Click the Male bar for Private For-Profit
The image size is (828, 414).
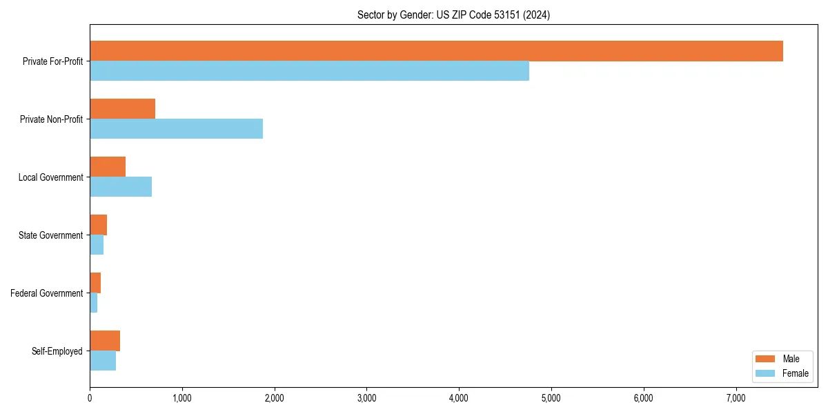436,51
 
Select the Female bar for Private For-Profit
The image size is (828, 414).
309,71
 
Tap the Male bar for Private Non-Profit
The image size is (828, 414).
122,109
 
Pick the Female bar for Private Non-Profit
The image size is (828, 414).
176,129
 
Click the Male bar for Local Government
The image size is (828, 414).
108,167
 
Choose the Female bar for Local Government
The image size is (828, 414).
121,187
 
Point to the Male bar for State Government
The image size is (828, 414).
98,225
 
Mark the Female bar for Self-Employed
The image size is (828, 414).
103,361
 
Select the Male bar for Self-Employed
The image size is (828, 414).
105,341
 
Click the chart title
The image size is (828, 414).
453,14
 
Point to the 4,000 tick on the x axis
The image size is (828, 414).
459,397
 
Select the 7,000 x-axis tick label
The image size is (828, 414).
736,397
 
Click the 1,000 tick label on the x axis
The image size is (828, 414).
182,397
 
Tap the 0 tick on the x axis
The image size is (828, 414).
90,397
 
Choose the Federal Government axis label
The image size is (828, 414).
47,293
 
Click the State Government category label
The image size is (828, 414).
50,235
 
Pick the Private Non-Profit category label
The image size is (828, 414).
51,119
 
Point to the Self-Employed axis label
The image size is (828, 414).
57,351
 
